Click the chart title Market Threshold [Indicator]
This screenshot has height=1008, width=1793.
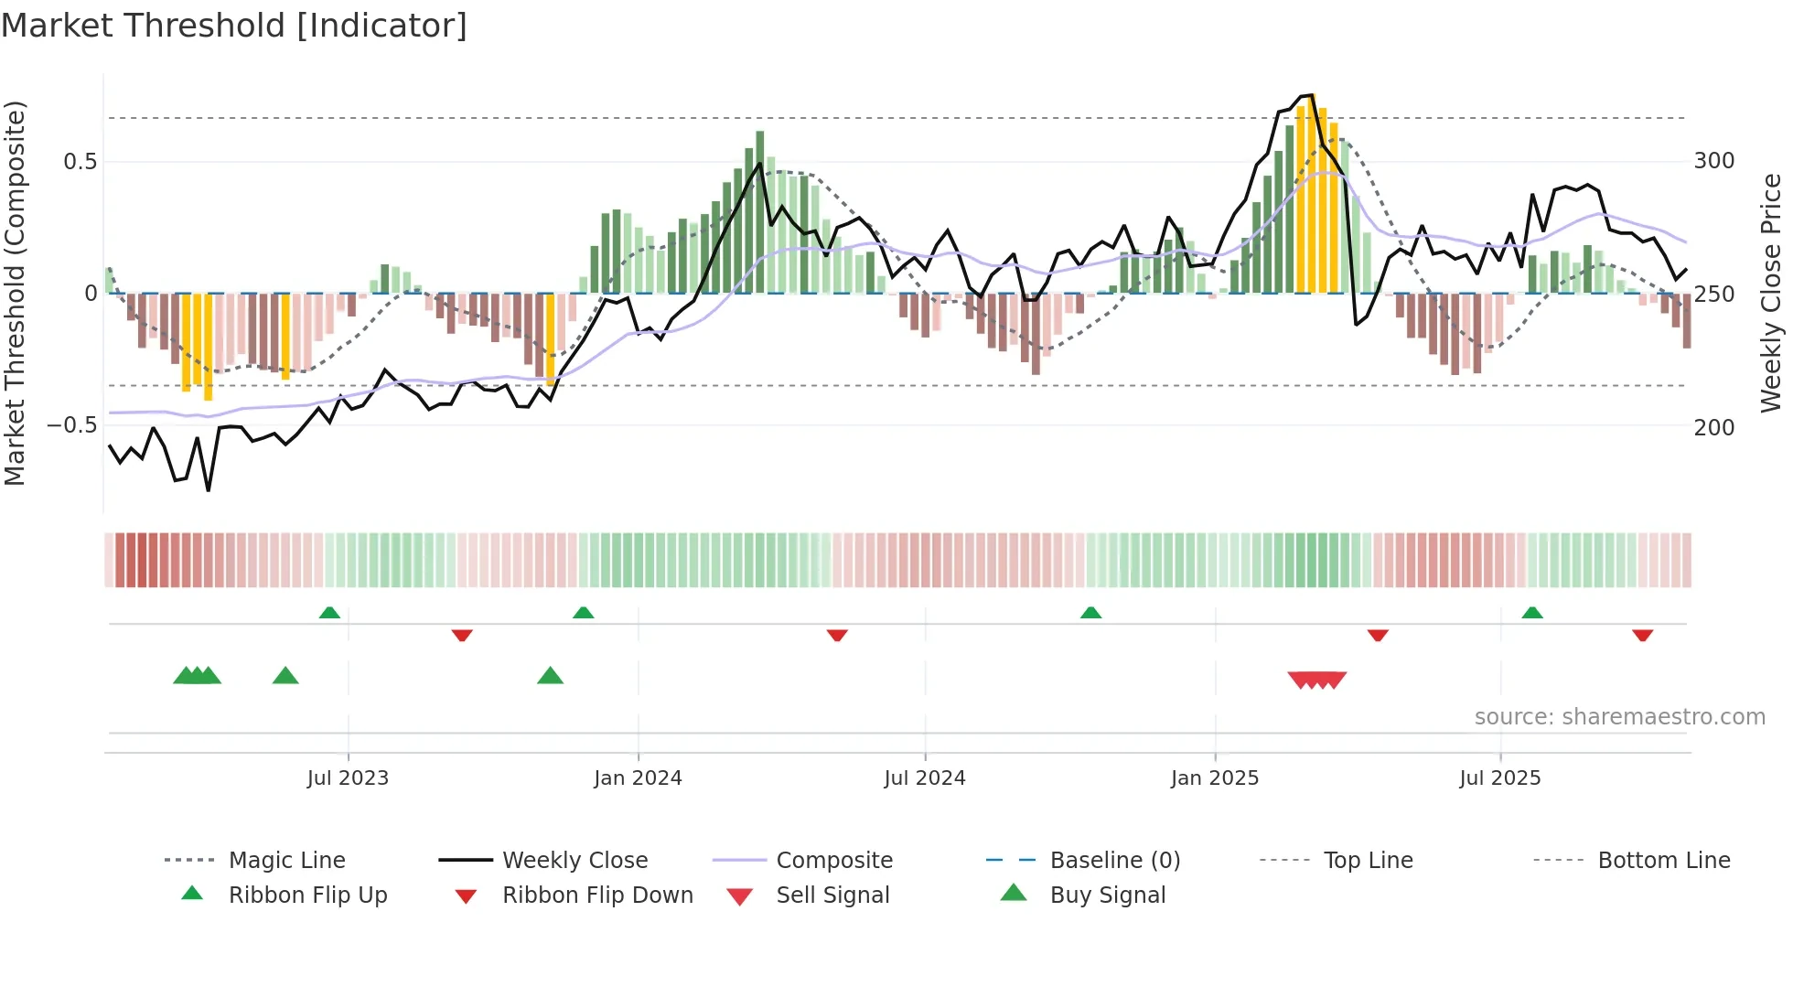click(x=234, y=26)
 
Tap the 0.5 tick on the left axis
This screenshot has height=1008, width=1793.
click(x=80, y=162)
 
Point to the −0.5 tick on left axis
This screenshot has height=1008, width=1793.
click(x=71, y=425)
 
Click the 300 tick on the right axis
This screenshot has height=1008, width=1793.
click(x=1713, y=161)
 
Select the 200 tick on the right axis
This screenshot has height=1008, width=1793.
click(x=1713, y=427)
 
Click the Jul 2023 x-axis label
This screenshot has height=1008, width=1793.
click(x=348, y=778)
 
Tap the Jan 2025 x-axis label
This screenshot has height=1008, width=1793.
click(x=1214, y=778)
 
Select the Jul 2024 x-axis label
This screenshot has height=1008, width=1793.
click(x=924, y=778)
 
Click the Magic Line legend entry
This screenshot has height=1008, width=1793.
click(x=286, y=861)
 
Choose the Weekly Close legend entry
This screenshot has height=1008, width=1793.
click(x=574, y=861)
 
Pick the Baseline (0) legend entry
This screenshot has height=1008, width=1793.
click(x=1114, y=861)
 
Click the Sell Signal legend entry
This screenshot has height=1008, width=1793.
click(x=832, y=895)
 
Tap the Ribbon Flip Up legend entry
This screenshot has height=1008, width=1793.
click(x=307, y=895)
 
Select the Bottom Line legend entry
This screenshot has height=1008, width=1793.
click(x=1663, y=861)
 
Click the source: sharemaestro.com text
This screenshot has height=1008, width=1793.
click(x=1619, y=717)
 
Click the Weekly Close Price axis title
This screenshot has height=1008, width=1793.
click(x=1771, y=293)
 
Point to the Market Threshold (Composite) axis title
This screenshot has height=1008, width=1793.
click(x=15, y=293)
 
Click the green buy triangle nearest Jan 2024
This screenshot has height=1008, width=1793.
click(x=550, y=676)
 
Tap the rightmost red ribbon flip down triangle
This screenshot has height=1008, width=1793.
click(x=1642, y=635)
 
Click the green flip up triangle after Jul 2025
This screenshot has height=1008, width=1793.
click(x=1532, y=613)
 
